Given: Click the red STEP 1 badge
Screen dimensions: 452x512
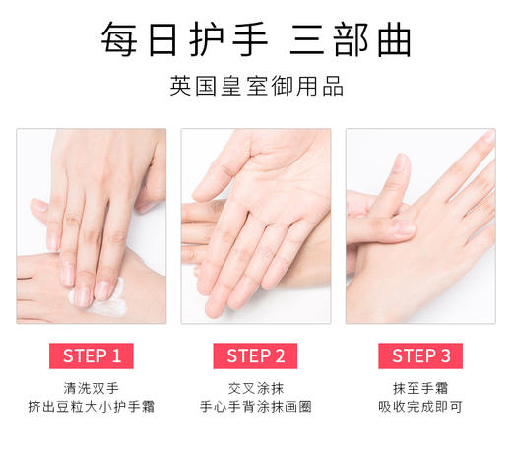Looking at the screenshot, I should [x=92, y=355].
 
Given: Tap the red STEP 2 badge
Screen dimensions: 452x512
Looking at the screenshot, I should [x=256, y=355].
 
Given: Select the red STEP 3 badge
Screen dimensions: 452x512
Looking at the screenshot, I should [x=420, y=355].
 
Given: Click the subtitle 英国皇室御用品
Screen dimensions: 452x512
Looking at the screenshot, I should [x=256, y=87].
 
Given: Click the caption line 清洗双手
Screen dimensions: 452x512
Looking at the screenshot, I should [x=92, y=387].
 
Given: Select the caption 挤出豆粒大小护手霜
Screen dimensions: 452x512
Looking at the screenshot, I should [x=92, y=407].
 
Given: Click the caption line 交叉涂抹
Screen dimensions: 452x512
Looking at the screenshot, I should [x=256, y=387].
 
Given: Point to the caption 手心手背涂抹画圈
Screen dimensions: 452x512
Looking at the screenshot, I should [x=256, y=407].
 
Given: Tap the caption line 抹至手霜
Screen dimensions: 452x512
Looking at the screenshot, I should [x=420, y=387].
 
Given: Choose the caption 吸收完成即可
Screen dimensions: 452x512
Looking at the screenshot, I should [x=420, y=407].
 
